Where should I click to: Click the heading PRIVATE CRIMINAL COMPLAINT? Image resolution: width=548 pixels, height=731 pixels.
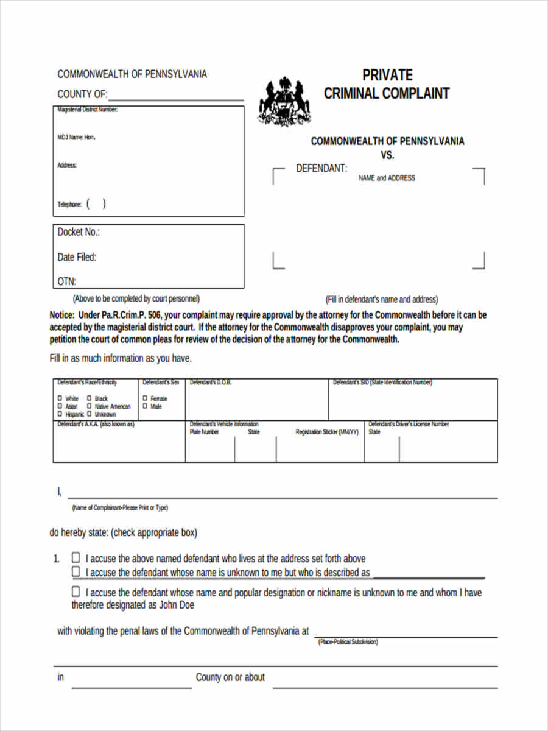pos(387,84)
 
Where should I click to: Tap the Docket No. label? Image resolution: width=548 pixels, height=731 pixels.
pos(79,232)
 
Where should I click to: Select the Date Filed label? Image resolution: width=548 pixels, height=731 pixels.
pos(77,257)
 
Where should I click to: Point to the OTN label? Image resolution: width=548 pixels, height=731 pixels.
pos(66,281)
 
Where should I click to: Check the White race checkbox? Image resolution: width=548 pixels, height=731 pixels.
pos(60,398)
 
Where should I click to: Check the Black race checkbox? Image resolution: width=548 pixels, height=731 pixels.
pos(89,398)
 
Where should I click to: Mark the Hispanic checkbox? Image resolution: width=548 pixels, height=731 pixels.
pos(60,414)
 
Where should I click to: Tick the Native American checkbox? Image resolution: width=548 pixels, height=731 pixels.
pos(89,406)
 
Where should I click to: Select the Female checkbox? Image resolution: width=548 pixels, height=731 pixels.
pos(145,398)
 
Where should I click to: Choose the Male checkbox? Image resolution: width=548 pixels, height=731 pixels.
pos(145,406)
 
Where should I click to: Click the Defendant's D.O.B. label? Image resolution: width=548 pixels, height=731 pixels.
pos(211,383)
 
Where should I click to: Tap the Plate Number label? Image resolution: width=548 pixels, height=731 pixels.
pos(204,432)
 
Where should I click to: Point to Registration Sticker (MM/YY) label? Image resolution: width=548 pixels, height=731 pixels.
pos(327,432)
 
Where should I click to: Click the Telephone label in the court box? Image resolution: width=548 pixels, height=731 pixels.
pos(69,205)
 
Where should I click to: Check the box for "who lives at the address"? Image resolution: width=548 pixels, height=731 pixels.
pos(76,557)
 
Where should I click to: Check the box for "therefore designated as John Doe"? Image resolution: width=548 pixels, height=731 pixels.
pos(76,592)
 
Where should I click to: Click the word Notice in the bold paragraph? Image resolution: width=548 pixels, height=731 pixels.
pos(62,316)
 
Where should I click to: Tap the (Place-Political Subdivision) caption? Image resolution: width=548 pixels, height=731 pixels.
pos(348,642)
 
